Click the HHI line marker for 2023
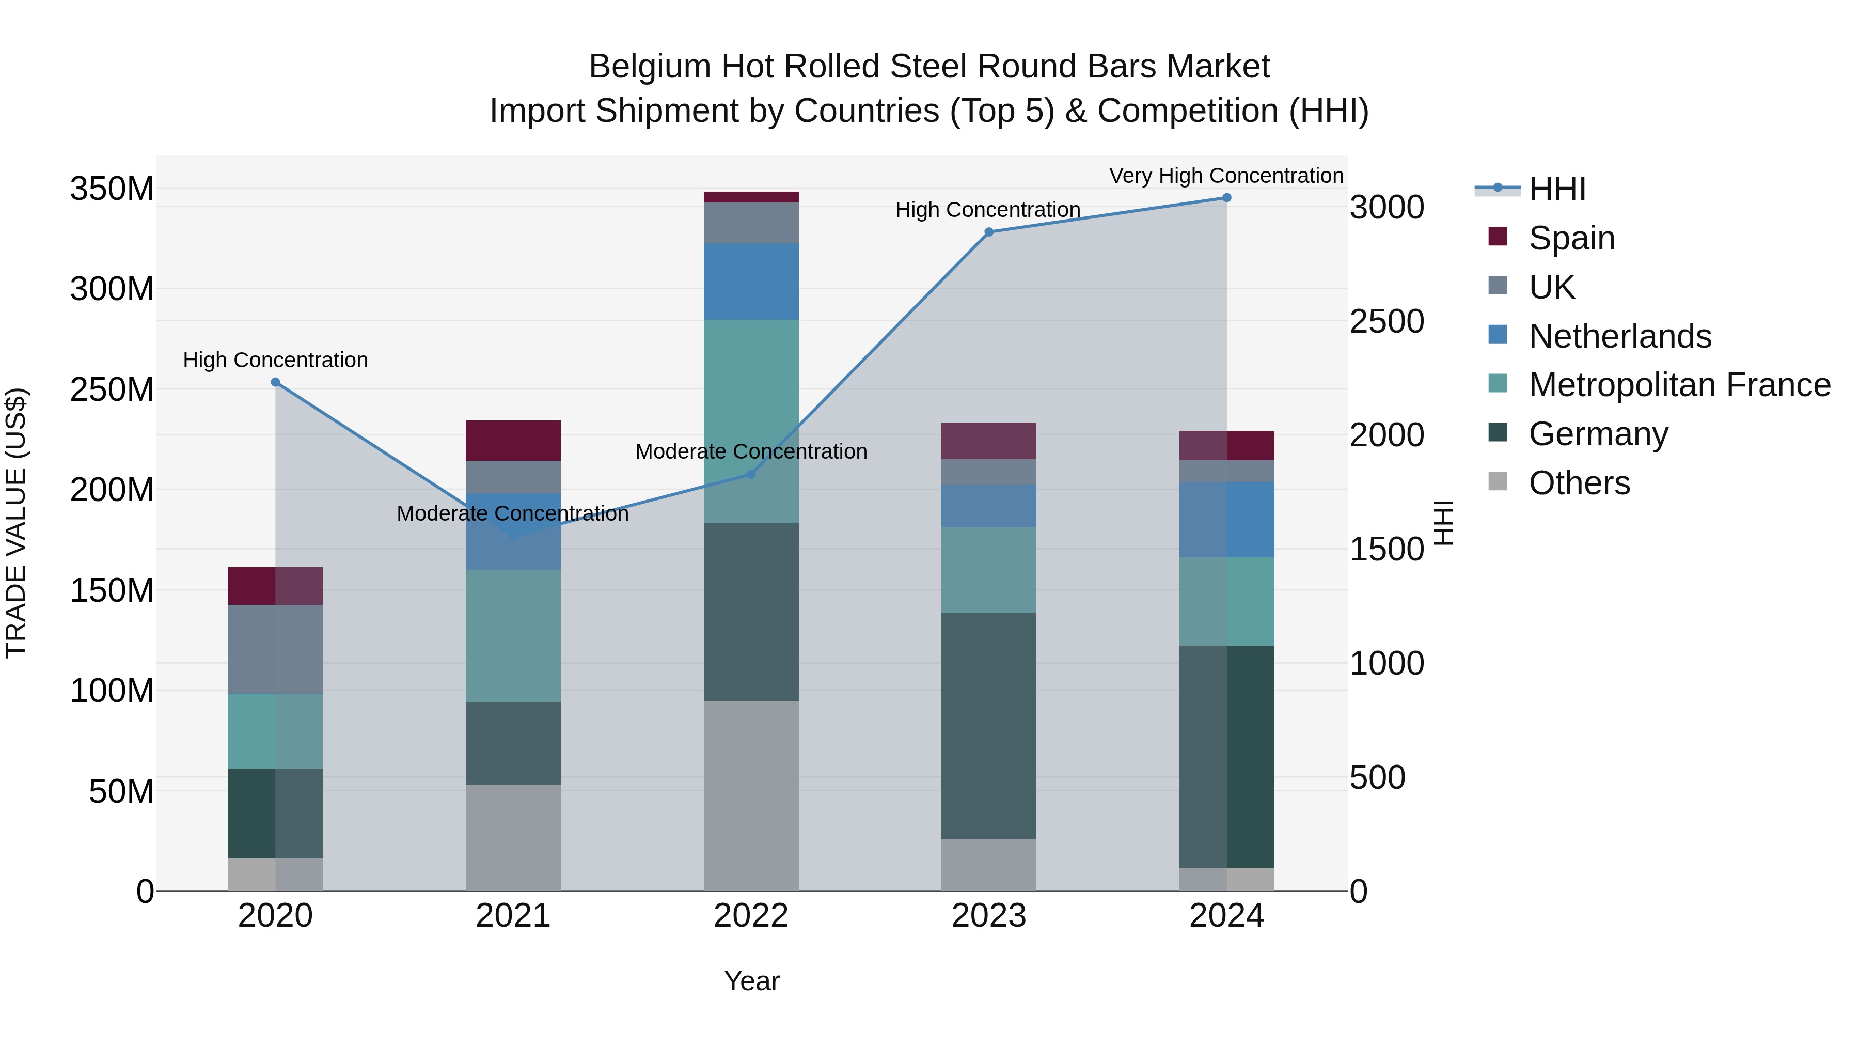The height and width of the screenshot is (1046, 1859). coord(989,232)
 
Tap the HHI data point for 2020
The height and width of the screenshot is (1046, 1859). coord(275,382)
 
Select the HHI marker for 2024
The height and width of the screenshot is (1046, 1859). coord(1226,198)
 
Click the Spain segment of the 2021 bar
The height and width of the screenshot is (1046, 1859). coord(513,440)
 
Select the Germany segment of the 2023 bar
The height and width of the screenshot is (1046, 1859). coord(989,726)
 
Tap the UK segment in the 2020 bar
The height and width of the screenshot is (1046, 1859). coord(275,649)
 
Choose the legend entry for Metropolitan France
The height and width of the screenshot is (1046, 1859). coord(1679,385)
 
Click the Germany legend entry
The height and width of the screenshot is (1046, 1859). coord(1598,434)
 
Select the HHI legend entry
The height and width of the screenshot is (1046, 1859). coord(1556,189)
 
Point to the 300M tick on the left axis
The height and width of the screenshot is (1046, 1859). coord(112,289)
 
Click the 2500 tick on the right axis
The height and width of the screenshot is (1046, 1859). coord(1387,321)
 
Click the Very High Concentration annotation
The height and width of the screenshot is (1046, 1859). coord(1225,176)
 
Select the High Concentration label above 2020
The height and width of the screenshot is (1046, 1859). coord(275,360)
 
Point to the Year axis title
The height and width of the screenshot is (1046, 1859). coord(751,981)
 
